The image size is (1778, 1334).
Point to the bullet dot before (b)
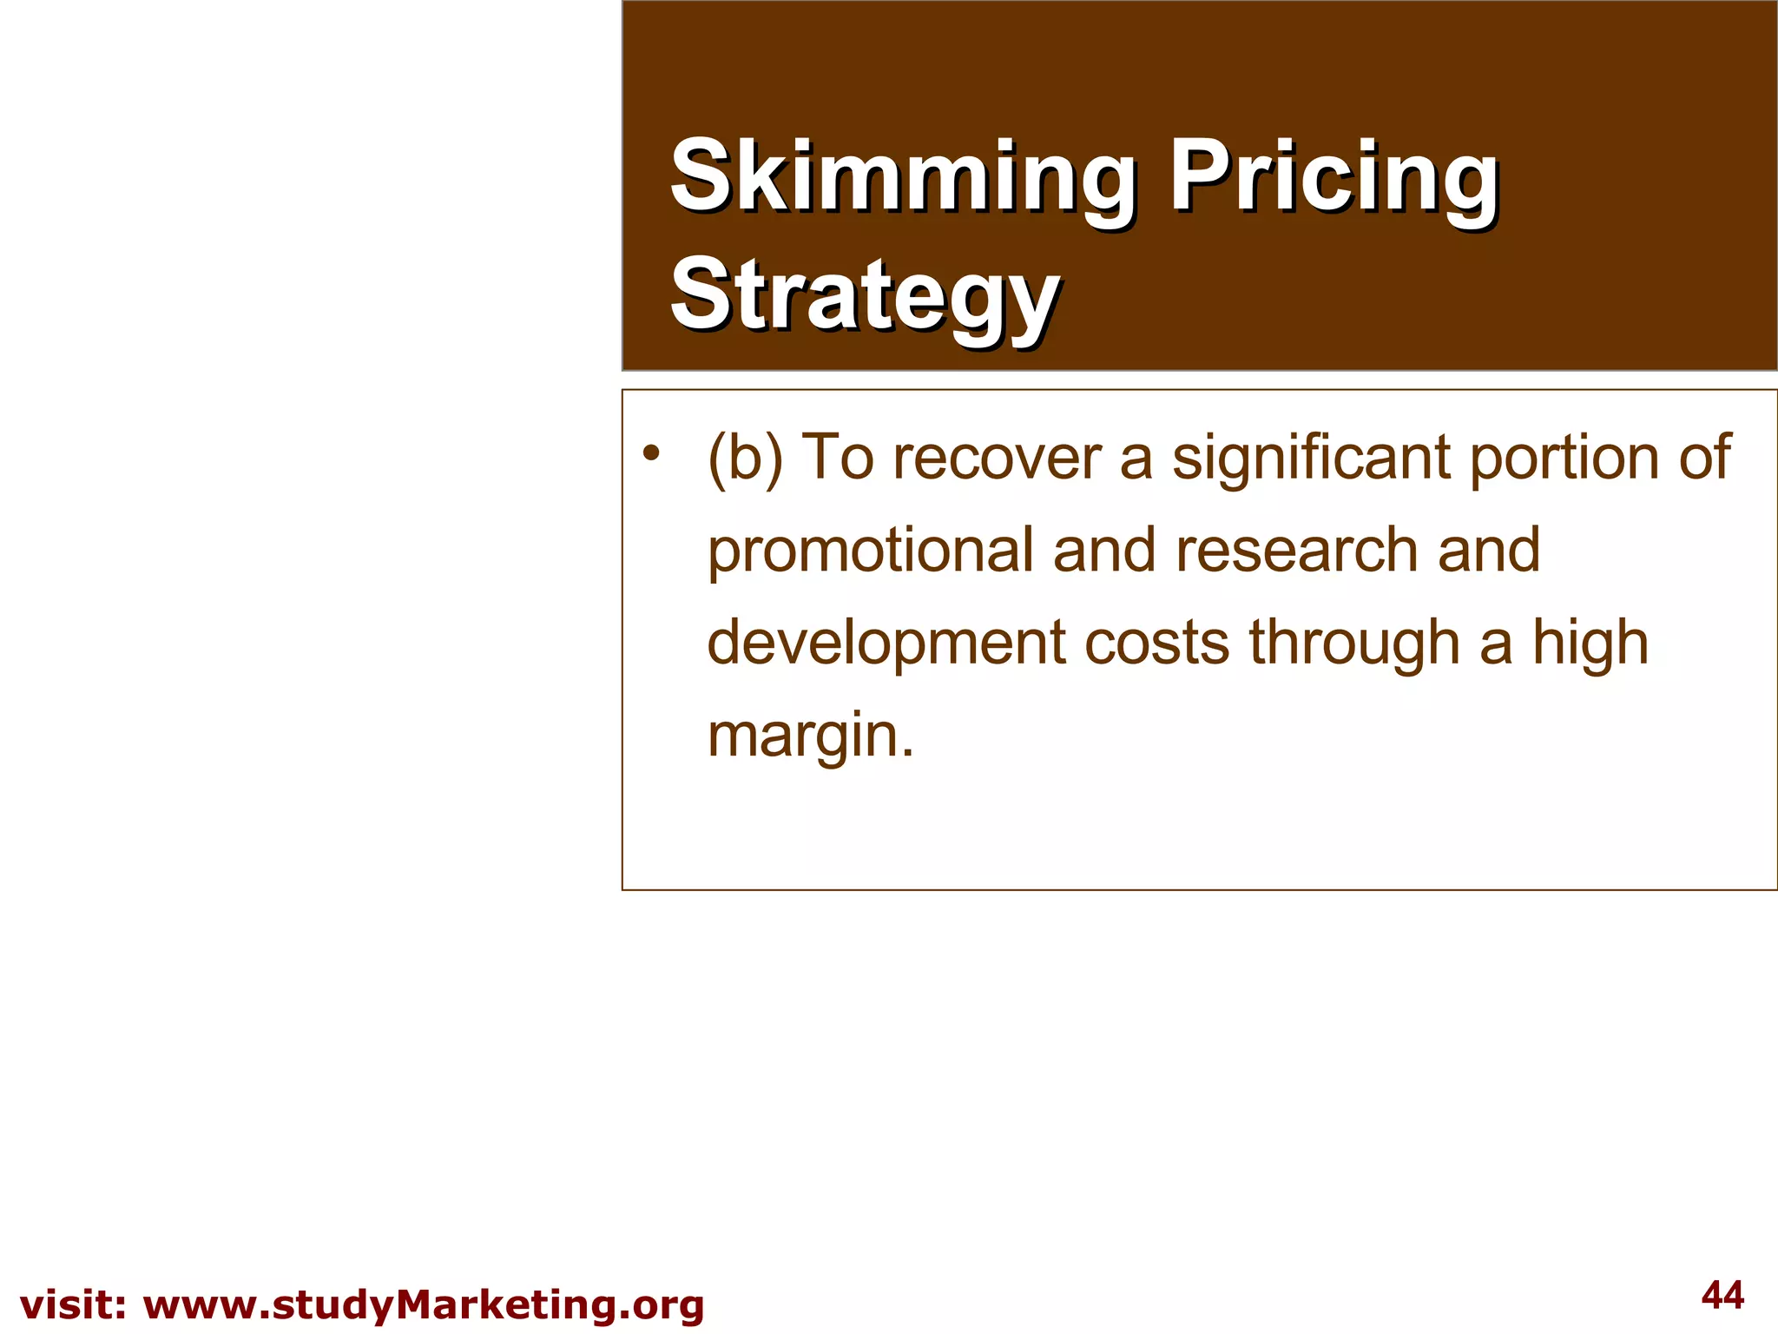click(x=651, y=452)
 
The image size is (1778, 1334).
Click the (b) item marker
click(x=745, y=458)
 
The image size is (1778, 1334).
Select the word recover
click(x=998, y=458)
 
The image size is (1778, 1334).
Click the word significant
click(x=1311, y=458)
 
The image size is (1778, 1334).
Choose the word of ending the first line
click(x=1704, y=458)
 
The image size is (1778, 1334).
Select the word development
click(x=886, y=644)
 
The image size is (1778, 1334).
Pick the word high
click(x=1590, y=644)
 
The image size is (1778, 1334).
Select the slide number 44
click(x=1722, y=1296)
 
